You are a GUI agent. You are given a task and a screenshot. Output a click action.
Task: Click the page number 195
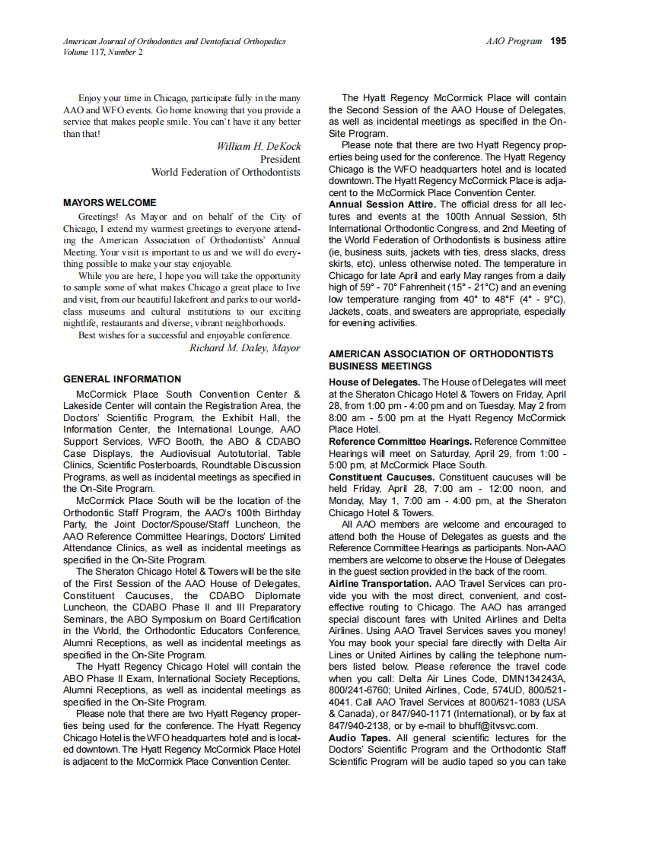tap(559, 41)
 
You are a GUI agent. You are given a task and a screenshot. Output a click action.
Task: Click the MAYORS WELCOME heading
tap(110, 203)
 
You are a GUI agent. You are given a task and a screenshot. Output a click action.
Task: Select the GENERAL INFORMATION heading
tap(122, 379)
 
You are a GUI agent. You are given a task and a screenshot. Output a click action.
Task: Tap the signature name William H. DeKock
tap(259, 146)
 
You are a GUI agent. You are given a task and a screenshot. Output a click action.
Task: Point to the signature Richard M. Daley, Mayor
tap(244, 347)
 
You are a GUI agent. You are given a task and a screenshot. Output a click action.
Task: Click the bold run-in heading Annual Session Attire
tap(382, 205)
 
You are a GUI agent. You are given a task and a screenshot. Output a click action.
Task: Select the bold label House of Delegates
tap(374, 382)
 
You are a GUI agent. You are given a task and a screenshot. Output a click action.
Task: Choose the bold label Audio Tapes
tap(359, 738)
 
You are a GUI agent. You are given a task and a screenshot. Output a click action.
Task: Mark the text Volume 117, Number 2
tap(103, 52)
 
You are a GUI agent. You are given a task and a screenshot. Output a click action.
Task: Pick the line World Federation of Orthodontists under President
tap(226, 172)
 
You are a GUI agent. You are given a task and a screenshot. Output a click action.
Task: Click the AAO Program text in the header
tap(514, 41)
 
